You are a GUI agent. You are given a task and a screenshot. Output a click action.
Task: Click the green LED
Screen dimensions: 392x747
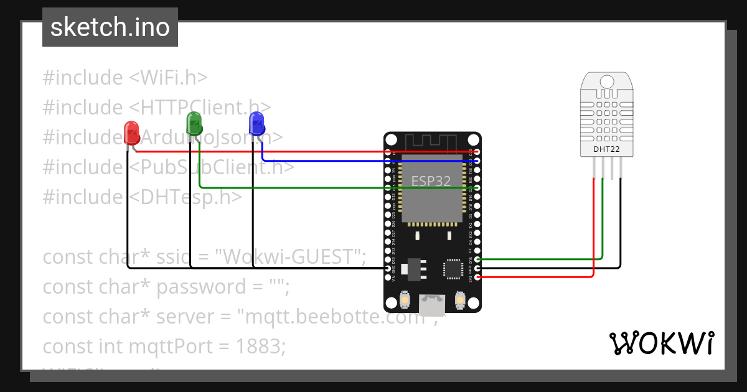point(194,123)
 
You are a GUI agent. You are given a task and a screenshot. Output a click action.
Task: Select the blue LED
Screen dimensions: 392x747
point(256,123)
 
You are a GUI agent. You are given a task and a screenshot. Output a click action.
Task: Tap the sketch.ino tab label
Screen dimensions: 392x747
point(110,27)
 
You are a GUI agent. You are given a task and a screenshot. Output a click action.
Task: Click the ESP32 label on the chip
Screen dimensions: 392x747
point(431,181)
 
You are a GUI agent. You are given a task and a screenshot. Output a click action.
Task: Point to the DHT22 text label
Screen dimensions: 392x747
point(606,149)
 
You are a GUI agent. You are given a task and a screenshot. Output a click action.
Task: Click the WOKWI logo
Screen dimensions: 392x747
point(660,343)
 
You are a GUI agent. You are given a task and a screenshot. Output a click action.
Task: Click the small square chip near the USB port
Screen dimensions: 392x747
point(452,269)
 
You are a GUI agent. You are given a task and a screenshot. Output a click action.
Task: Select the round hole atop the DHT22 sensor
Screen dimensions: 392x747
point(606,81)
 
